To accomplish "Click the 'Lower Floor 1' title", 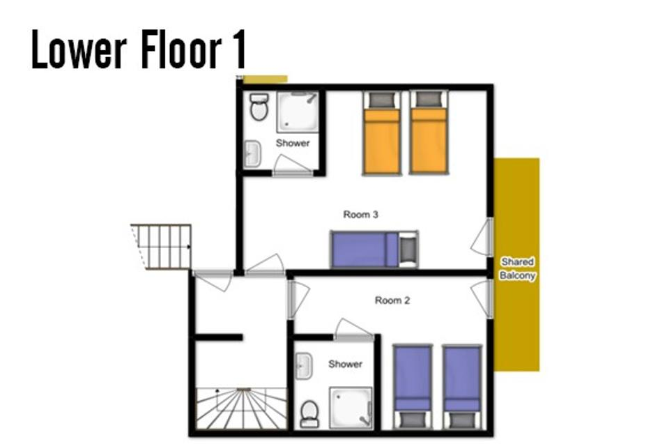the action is tap(139, 49).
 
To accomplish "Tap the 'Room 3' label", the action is tap(360, 215).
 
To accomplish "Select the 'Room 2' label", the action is tap(392, 300).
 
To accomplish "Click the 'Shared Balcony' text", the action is tap(517, 268).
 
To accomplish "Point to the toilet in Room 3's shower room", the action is tap(259, 107).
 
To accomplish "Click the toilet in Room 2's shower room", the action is tap(309, 414).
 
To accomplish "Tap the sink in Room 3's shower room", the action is tap(252, 153).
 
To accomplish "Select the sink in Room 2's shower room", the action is tap(304, 366).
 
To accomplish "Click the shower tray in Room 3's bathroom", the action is tap(298, 112).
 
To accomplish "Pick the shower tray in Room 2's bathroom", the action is tap(351, 408).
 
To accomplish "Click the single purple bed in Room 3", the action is tap(374, 250).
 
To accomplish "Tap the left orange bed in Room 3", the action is tap(381, 133).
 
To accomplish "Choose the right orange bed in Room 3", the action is tap(429, 133).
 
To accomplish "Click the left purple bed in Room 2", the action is tap(413, 387).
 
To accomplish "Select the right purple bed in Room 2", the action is tap(462, 387).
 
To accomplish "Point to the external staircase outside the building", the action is tap(161, 247).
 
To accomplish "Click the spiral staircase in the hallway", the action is tap(241, 408).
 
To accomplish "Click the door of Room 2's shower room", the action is tap(354, 330).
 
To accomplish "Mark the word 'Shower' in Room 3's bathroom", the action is tap(293, 143).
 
